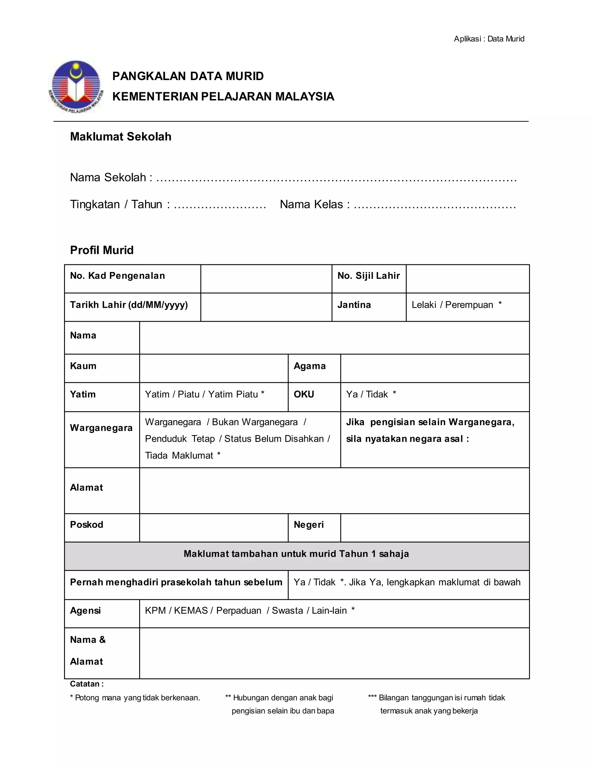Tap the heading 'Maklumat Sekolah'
(x=120, y=137)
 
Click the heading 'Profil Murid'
(x=102, y=250)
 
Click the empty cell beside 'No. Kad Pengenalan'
(x=266, y=279)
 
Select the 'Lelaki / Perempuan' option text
(x=452, y=305)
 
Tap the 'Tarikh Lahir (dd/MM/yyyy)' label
(x=129, y=305)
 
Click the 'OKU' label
(x=304, y=394)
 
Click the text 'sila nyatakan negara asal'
(x=404, y=439)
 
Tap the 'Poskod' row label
(x=86, y=525)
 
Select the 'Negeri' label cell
(x=308, y=525)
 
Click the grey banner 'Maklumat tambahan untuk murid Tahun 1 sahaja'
(x=296, y=554)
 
